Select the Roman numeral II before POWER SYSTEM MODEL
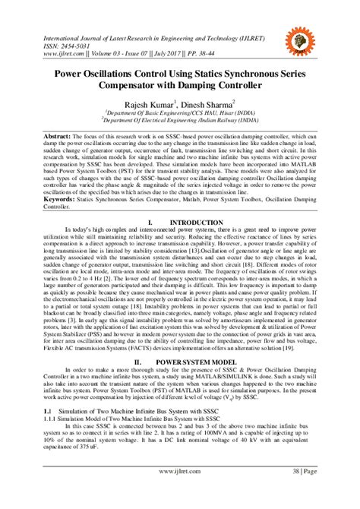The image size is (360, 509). click(137, 363)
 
